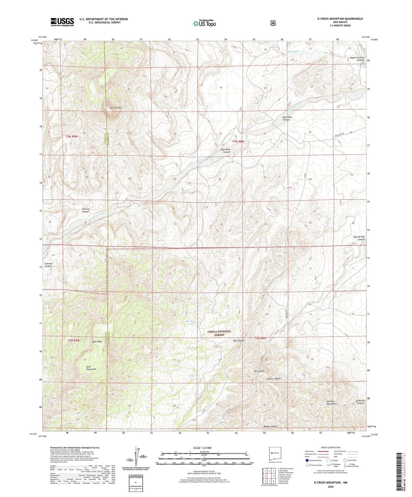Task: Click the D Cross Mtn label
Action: [116, 108]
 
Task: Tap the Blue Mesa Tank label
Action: [191, 322]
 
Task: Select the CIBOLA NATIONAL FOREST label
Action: [219, 333]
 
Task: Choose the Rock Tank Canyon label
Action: [287, 118]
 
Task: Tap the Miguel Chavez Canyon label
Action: [357, 59]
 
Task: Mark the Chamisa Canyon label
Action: [48, 265]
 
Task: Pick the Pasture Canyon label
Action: [85, 210]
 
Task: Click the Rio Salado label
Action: [293, 51]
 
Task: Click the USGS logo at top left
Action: [62, 22]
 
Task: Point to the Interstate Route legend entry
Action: [313, 460]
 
